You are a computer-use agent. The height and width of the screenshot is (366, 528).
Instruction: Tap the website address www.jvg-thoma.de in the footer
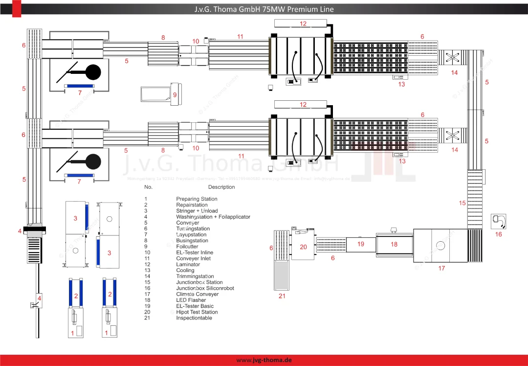264,360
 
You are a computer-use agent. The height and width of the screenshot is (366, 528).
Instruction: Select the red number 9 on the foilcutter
175,95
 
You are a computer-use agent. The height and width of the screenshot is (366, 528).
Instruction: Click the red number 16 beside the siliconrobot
498,234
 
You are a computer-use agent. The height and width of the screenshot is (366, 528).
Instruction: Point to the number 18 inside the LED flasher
394,244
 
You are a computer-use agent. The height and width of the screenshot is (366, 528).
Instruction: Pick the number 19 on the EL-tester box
361,244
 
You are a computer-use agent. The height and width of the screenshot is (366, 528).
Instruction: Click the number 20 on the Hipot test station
303,247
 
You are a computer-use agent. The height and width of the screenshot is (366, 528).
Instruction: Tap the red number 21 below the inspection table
282,296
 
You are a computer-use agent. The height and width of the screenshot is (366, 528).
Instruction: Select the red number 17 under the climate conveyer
441,268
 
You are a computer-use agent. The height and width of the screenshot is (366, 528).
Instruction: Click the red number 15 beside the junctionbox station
462,203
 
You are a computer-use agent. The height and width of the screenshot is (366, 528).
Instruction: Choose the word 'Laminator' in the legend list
188,264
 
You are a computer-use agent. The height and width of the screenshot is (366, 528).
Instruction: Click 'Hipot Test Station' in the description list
197,312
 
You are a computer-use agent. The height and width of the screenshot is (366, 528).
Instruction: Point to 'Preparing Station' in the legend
197,199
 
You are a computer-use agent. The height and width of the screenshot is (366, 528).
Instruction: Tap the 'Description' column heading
221,187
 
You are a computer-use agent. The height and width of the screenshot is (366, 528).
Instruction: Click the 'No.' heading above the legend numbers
148,187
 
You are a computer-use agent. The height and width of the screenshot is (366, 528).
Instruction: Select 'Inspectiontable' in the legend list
194,318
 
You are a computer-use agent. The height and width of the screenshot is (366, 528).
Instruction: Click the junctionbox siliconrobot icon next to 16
499,221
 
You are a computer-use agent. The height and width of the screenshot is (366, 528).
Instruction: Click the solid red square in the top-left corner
17,8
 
